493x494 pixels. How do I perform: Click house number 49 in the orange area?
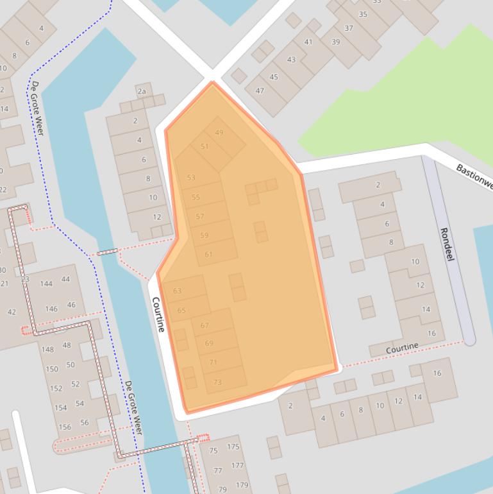[219, 133]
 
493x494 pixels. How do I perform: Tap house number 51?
[205, 146]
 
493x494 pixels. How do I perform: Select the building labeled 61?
[208, 255]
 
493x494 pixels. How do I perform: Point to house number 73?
[217, 382]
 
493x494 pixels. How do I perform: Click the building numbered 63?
[178, 291]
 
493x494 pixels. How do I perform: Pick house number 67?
[205, 325]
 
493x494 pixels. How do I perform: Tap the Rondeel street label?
[447, 244]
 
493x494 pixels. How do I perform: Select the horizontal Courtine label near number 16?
[402, 347]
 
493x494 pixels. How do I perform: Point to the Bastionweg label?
[474, 177]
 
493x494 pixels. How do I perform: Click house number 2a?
[142, 91]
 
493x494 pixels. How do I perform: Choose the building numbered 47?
[260, 90]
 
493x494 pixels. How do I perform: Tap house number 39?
[336, 42]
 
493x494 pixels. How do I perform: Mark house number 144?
[46, 284]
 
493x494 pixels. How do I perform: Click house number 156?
[65, 427]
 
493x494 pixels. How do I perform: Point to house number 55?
[196, 197]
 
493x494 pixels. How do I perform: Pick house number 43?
[292, 60]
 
